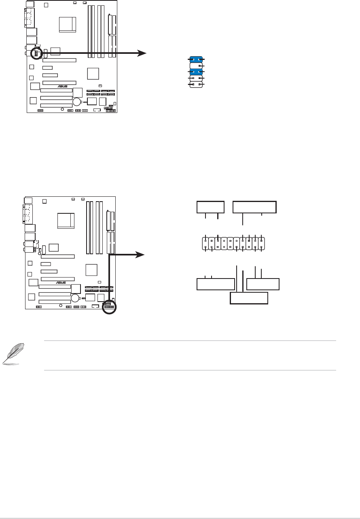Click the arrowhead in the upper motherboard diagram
click(142, 53)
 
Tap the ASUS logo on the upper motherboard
click(61, 86)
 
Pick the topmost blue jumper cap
click(196, 60)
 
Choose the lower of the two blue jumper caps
click(196, 72)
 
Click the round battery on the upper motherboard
click(77, 101)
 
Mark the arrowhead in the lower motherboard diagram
click(140, 254)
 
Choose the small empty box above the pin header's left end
click(210, 206)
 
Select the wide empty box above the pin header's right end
click(254, 207)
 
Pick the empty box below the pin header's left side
click(216, 284)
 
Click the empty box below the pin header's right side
click(263, 284)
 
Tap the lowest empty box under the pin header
click(249, 298)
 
